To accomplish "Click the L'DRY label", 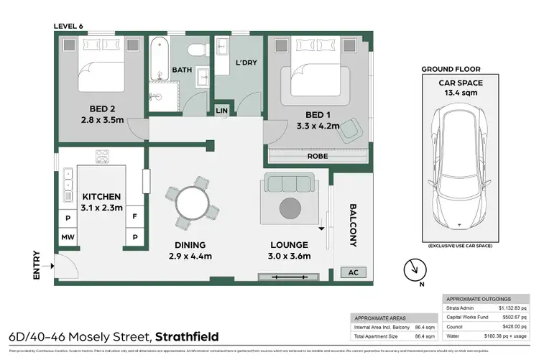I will tap(247, 63).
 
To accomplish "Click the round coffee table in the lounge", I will tap(290, 209).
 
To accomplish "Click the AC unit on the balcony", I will tap(352, 272).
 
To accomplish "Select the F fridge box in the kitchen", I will tap(134, 215).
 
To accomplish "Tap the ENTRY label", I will tap(37, 265).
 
